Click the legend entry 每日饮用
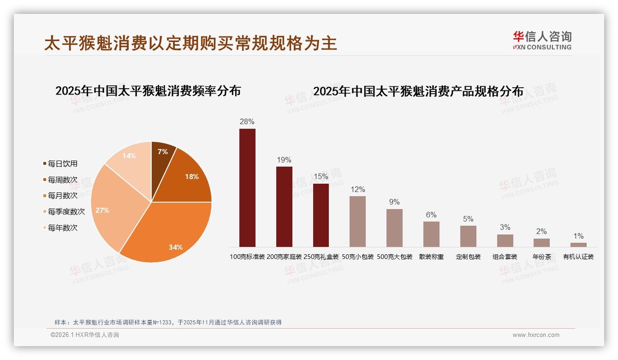[x=62, y=164]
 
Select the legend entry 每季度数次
[x=66, y=212]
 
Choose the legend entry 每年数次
[x=62, y=228]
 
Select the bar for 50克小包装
[x=357, y=222]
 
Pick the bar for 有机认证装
[x=578, y=245]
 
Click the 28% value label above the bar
[x=247, y=122]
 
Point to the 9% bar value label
[x=394, y=202]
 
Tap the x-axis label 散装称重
[x=431, y=257]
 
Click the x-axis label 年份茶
[x=541, y=257]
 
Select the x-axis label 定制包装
[x=468, y=257]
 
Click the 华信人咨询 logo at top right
[x=542, y=40]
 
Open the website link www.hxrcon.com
[x=536, y=335]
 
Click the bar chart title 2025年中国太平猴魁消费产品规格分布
[x=418, y=91]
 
